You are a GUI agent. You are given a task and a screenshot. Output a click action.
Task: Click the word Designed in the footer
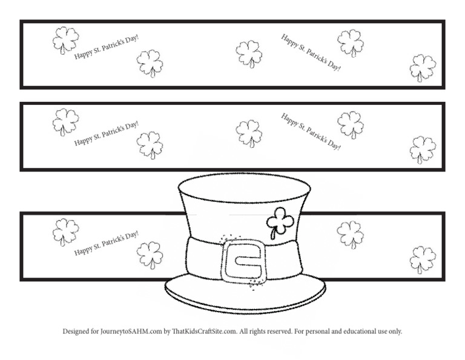click(77, 332)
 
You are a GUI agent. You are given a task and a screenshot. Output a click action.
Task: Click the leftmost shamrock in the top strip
click(65, 40)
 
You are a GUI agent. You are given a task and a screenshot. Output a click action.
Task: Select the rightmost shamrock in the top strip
click(423, 67)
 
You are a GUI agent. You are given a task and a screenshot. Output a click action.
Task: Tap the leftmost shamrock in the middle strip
click(65, 122)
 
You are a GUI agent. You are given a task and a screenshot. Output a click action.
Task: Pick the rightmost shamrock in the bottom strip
click(423, 259)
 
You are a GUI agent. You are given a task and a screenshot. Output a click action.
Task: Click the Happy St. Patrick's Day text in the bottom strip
click(107, 242)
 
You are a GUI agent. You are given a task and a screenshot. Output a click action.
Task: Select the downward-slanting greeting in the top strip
click(311, 52)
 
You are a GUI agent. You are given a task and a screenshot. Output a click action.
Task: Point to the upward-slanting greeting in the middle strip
click(107, 133)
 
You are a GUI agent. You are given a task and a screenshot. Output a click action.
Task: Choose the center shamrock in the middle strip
click(249, 133)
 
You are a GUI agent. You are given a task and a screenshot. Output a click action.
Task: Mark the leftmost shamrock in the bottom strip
click(65, 232)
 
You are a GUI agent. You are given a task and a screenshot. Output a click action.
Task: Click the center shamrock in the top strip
click(249, 54)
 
